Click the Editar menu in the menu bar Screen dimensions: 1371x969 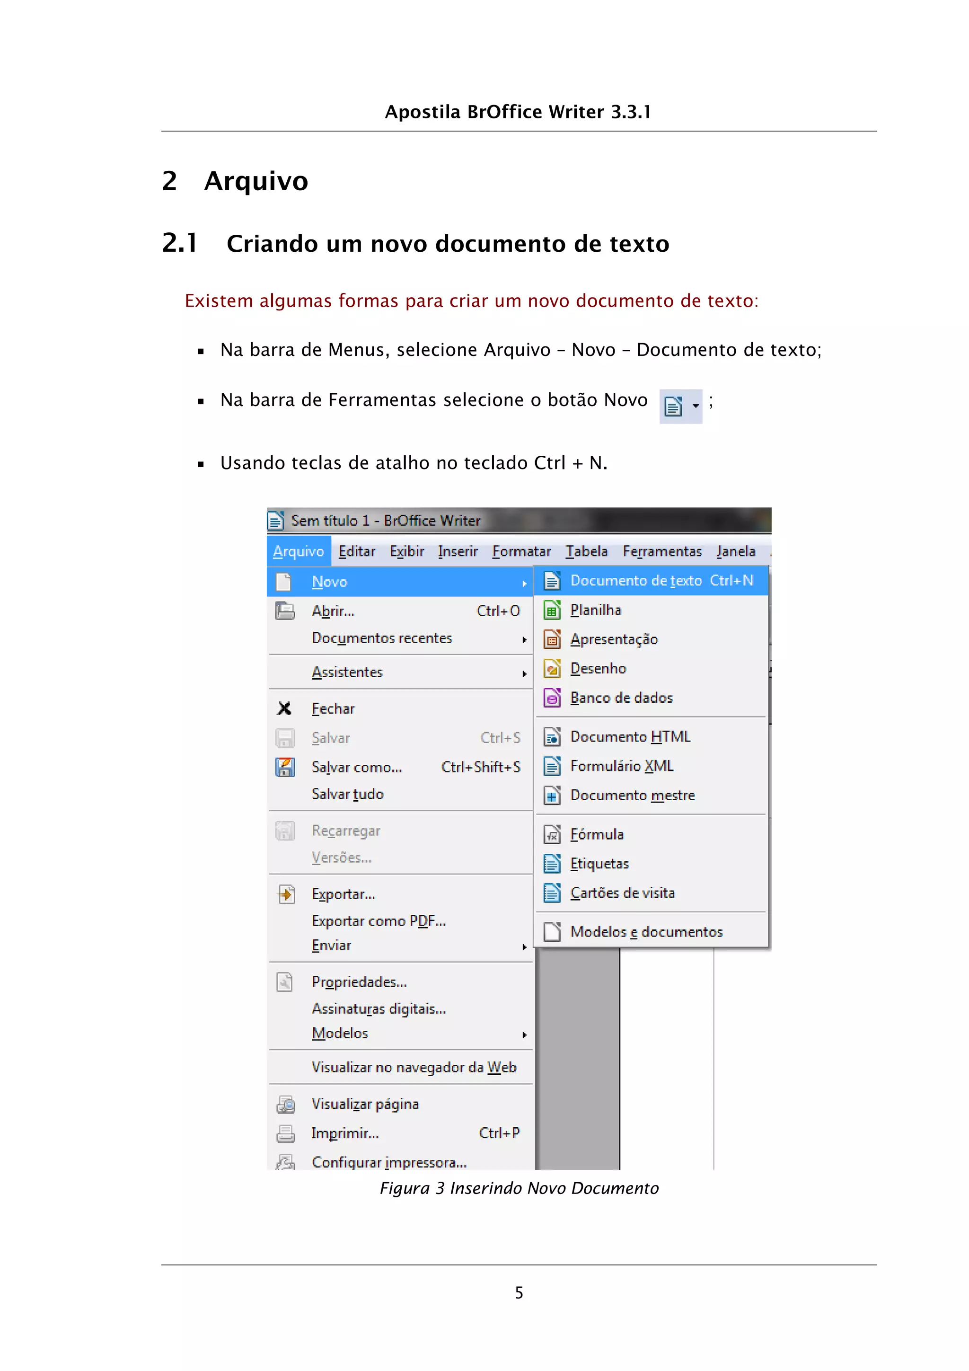(x=356, y=551)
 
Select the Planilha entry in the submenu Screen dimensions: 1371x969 (x=595, y=610)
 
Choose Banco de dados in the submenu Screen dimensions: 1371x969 (x=621, y=698)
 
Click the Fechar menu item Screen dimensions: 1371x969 (x=333, y=709)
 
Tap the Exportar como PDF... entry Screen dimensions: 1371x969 (x=379, y=921)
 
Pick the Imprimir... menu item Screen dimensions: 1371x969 (x=345, y=1133)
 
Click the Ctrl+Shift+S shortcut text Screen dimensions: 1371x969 (x=481, y=767)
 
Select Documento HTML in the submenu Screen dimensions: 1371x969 (x=630, y=736)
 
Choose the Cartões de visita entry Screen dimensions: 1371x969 (x=622, y=893)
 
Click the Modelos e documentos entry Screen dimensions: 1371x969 (x=646, y=931)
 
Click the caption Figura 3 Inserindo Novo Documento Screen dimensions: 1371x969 (x=519, y=1188)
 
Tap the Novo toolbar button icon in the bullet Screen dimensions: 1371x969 (x=673, y=406)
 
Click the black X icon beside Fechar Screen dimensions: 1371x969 (x=285, y=708)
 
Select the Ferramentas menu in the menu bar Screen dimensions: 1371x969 (x=662, y=551)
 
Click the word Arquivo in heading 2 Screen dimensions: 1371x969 (x=256, y=181)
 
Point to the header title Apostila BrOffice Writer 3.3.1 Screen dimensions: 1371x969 (x=518, y=112)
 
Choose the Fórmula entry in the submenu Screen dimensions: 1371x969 (x=597, y=834)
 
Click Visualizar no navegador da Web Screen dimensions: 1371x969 (x=414, y=1067)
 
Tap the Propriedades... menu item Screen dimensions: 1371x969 (x=359, y=982)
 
